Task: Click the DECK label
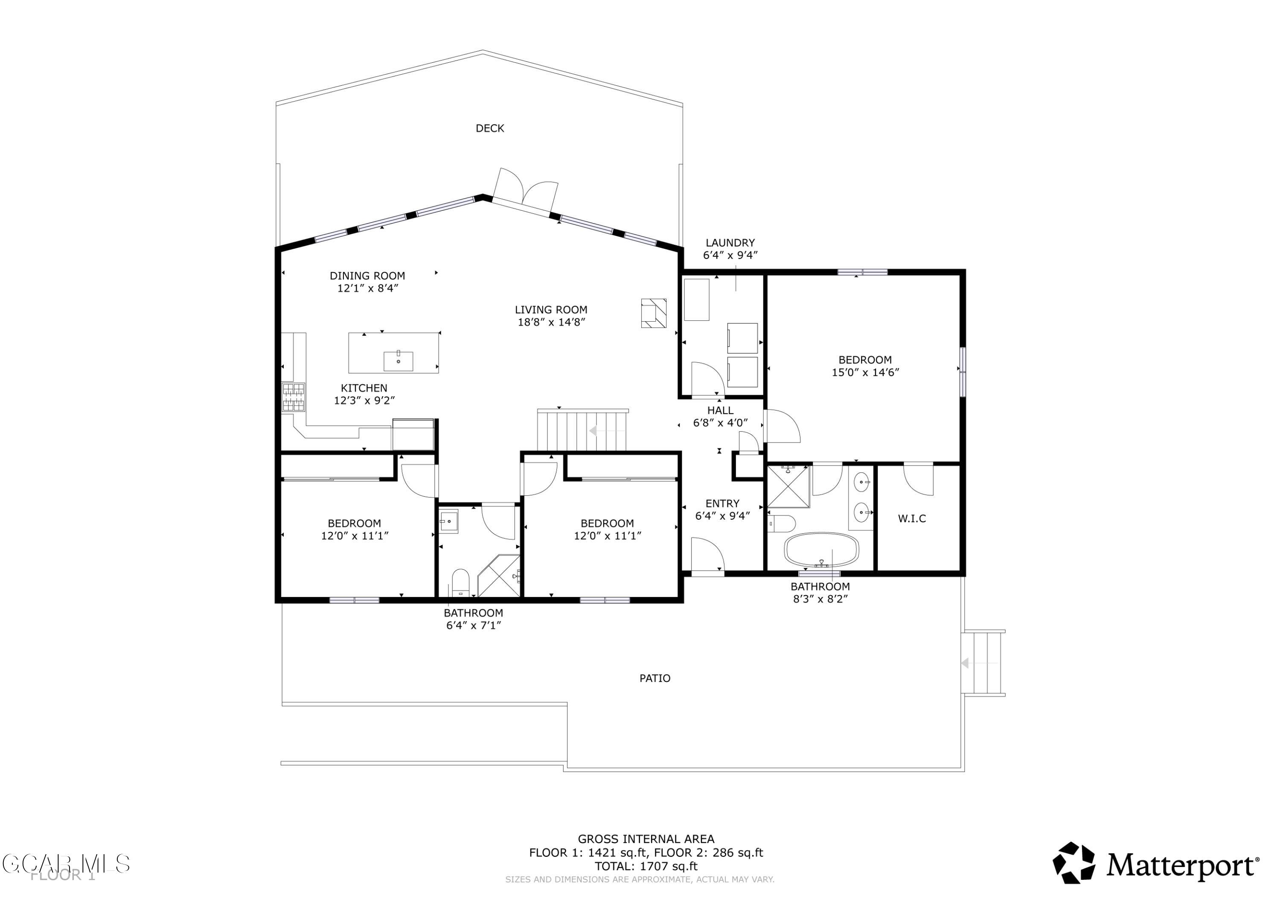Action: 489,128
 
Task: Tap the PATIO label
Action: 655,678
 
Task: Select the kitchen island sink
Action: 398,361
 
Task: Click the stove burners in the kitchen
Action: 293,397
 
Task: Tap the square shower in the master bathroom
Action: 788,487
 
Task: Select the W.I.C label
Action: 911,518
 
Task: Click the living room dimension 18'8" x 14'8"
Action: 551,322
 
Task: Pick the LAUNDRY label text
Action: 730,242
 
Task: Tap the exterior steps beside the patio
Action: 984,663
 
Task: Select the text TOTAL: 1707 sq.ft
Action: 646,866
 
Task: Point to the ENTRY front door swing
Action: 706,554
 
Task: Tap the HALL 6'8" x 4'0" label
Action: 720,416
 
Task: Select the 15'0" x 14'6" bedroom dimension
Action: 865,372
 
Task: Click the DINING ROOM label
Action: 367,276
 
